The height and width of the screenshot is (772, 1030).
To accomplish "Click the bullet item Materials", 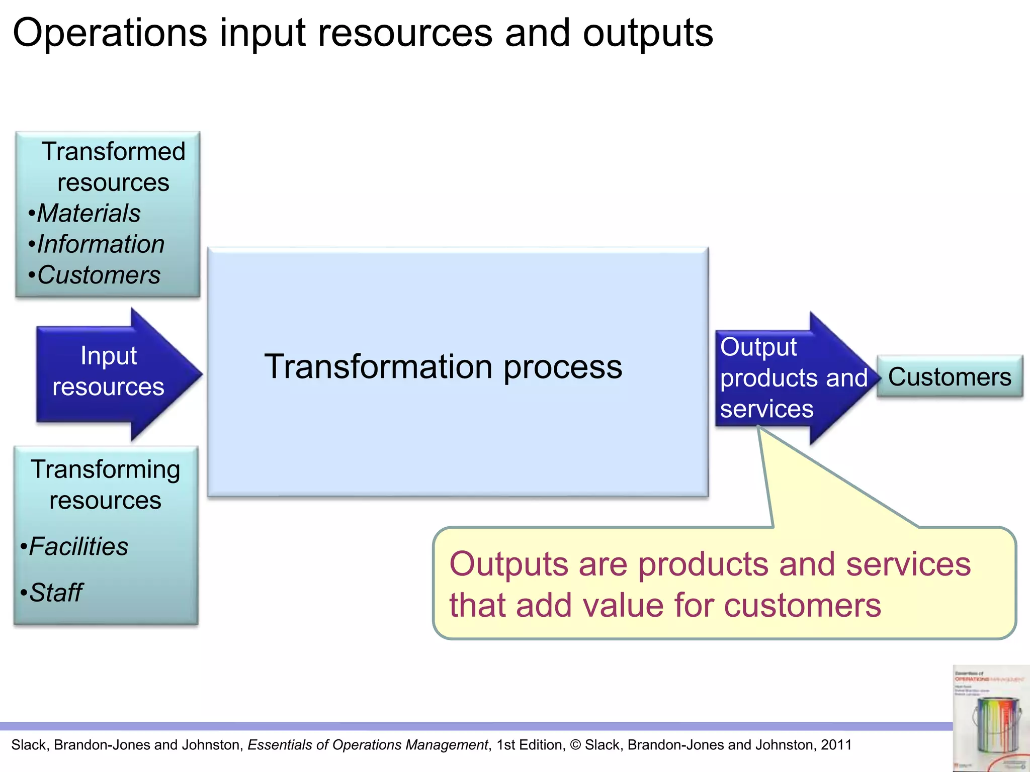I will click(89, 213).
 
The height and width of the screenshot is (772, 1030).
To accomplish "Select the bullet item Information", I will click(101, 244).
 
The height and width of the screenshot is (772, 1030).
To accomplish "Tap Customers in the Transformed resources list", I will click(99, 275).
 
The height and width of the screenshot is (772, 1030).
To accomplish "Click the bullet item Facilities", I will click(78, 546).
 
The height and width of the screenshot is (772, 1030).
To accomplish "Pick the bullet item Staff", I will click(55, 593).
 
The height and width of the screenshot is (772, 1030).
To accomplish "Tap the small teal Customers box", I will click(949, 377).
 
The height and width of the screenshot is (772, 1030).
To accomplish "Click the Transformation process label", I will click(443, 367).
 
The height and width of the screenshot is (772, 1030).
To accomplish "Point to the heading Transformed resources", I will click(113, 167).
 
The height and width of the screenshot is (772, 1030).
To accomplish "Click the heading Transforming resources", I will click(106, 485).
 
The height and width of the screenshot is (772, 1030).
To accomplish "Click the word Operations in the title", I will click(110, 33).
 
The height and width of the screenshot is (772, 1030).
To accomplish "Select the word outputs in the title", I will click(648, 33).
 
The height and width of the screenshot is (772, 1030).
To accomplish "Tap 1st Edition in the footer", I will click(530, 745).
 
